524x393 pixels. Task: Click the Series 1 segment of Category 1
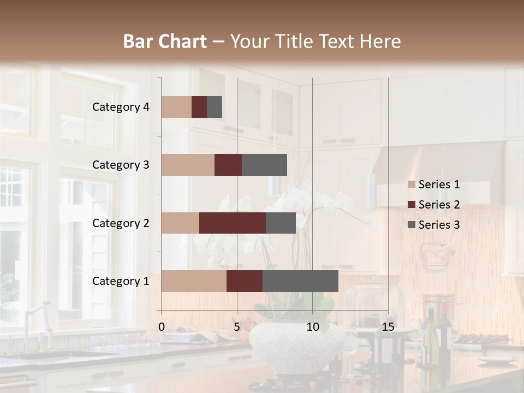(194, 281)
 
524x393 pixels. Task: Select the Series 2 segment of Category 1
(245, 281)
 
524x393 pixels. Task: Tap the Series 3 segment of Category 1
(300, 281)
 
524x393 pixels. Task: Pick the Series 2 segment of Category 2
(233, 223)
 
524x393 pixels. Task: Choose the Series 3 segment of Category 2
(281, 223)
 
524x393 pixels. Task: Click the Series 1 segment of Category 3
(188, 165)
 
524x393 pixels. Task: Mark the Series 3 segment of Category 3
(264, 165)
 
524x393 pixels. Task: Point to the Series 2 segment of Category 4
(199, 107)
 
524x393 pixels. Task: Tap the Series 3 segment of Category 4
(215, 107)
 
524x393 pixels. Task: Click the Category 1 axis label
(121, 281)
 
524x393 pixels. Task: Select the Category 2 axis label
(121, 223)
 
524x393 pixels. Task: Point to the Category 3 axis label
(121, 165)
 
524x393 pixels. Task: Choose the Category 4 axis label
(121, 107)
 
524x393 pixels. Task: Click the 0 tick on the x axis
(162, 327)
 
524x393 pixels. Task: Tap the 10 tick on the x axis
(312, 327)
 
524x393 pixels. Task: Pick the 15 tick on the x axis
(388, 327)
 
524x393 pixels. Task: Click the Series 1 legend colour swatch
(412, 184)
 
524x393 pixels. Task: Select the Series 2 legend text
(439, 205)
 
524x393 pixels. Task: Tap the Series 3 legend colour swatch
(412, 225)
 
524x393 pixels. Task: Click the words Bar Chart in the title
(165, 41)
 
